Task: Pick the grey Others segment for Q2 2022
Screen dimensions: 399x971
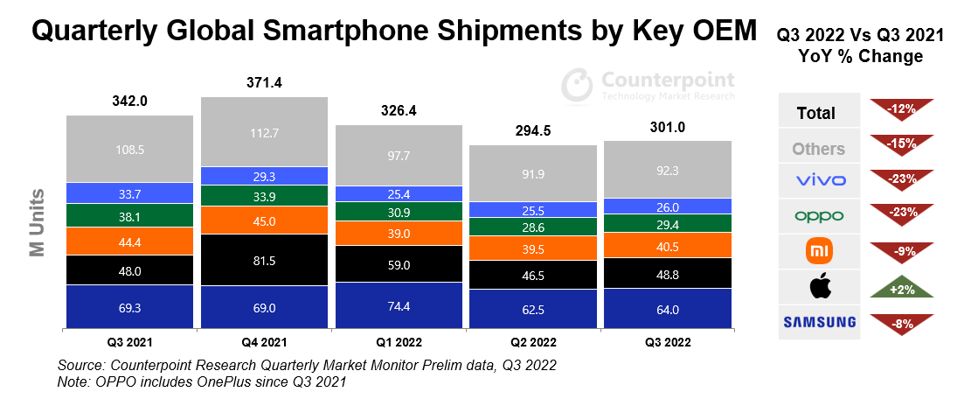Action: (x=533, y=174)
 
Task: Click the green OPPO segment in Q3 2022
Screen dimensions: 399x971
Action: (x=667, y=224)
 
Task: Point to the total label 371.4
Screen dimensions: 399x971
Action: (x=264, y=83)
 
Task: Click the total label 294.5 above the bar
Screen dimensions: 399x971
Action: (x=533, y=131)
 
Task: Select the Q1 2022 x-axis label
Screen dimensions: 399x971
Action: (x=399, y=341)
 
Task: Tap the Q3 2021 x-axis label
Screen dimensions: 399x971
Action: (x=130, y=341)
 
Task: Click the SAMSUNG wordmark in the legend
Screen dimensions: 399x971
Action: (x=819, y=322)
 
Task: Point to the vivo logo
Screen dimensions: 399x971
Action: (x=819, y=181)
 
